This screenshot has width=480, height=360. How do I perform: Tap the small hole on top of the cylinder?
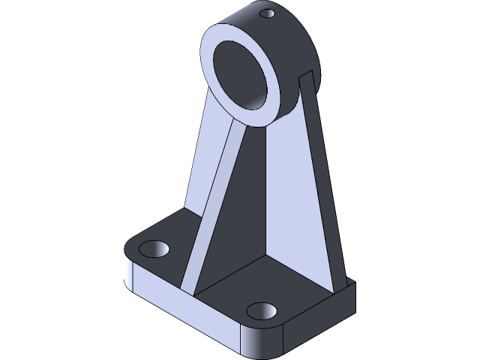tap(265, 13)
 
